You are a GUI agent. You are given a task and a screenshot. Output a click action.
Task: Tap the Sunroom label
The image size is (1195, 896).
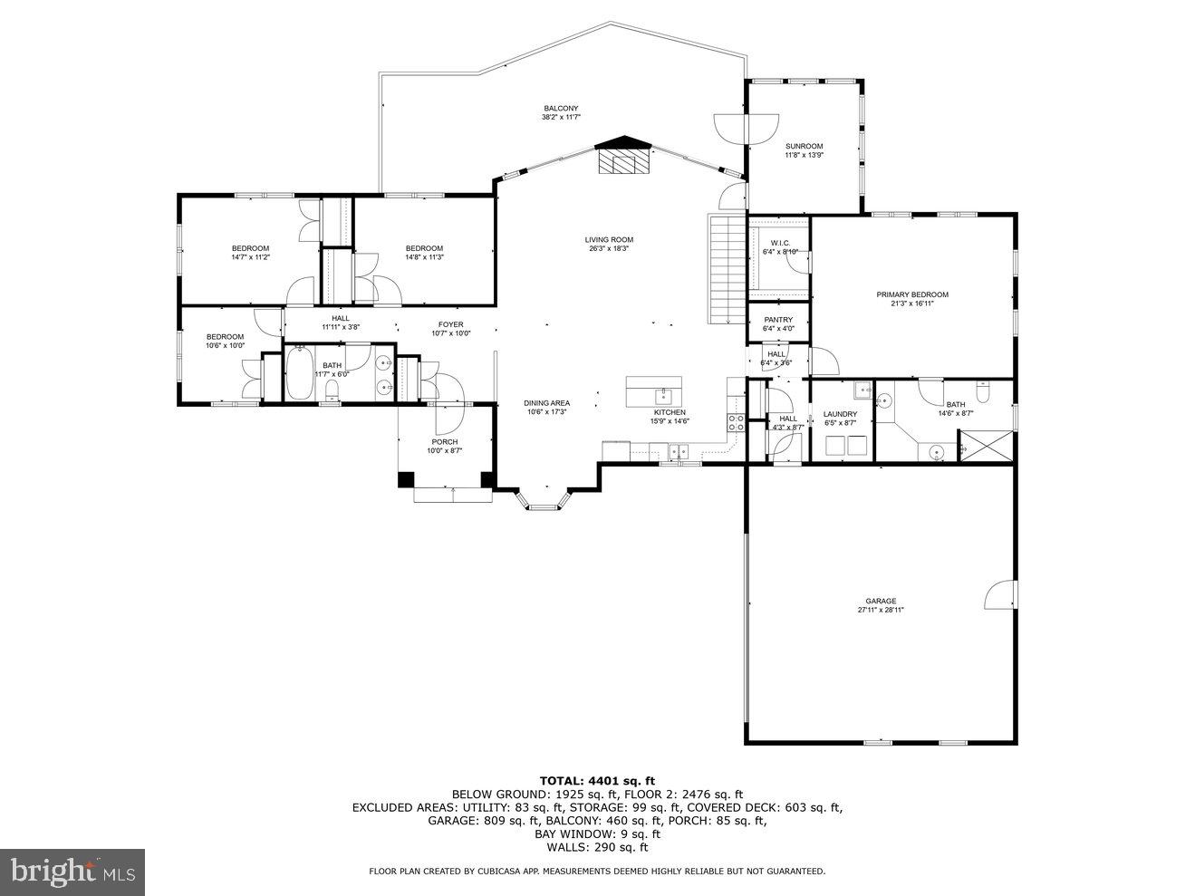pos(803,147)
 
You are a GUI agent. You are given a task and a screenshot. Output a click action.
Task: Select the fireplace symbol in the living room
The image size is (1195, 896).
pos(622,159)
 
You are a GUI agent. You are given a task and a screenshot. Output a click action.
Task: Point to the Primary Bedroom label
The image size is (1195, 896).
pos(911,294)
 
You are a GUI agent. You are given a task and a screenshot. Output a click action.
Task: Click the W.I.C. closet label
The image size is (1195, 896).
pos(780,243)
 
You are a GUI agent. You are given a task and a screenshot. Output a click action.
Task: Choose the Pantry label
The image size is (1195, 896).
pos(778,320)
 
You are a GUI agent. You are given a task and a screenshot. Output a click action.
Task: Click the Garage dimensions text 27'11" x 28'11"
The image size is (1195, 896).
pos(881,611)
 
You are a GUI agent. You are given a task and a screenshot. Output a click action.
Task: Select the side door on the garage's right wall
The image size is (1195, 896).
pos(1000,595)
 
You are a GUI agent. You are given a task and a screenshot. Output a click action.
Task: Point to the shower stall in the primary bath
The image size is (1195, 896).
pos(984,447)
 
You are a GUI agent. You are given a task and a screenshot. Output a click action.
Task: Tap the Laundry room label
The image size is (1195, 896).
pos(840,414)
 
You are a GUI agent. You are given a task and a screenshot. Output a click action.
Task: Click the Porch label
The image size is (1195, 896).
pos(444,442)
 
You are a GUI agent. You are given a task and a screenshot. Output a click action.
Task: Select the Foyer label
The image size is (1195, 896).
pos(450,324)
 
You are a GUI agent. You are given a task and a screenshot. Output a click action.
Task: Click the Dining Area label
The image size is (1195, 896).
pos(546,403)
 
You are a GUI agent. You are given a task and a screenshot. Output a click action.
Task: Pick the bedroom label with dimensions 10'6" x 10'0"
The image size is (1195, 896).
pos(225,337)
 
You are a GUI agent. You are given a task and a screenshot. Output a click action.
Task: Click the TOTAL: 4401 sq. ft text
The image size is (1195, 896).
pos(596,780)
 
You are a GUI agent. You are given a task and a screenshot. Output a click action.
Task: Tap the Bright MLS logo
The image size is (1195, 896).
pos(72,872)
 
